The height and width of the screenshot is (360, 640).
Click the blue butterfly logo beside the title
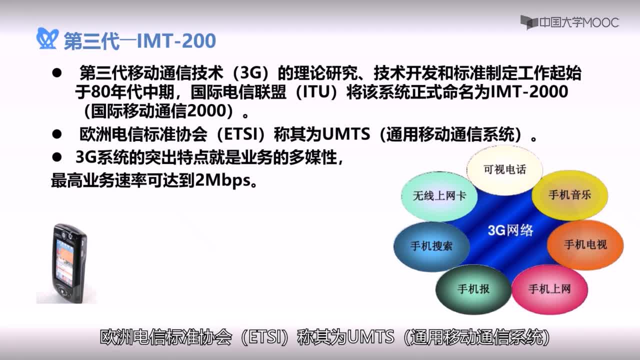coord(47,38)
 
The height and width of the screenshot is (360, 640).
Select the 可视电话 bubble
coord(504,169)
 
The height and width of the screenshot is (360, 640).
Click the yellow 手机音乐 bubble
coord(569,195)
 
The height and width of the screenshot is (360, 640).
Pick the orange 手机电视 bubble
coord(585,244)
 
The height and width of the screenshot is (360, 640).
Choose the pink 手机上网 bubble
coord(549,289)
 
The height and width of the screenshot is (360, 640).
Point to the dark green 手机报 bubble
coord(473,289)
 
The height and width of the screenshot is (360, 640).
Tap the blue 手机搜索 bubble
coord(431,246)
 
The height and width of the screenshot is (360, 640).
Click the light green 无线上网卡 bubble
coord(439,196)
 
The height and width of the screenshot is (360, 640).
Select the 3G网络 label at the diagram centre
coord(510,230)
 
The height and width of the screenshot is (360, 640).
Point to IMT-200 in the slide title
coord(176,40)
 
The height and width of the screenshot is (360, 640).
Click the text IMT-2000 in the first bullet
coord(529,91)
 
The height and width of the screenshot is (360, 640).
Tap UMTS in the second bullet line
coord(346,134)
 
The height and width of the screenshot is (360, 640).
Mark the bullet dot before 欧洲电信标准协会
coord(57,134)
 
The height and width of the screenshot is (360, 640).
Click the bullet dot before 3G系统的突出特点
coord(57,157)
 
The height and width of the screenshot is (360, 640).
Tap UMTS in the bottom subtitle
coord(370,337)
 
